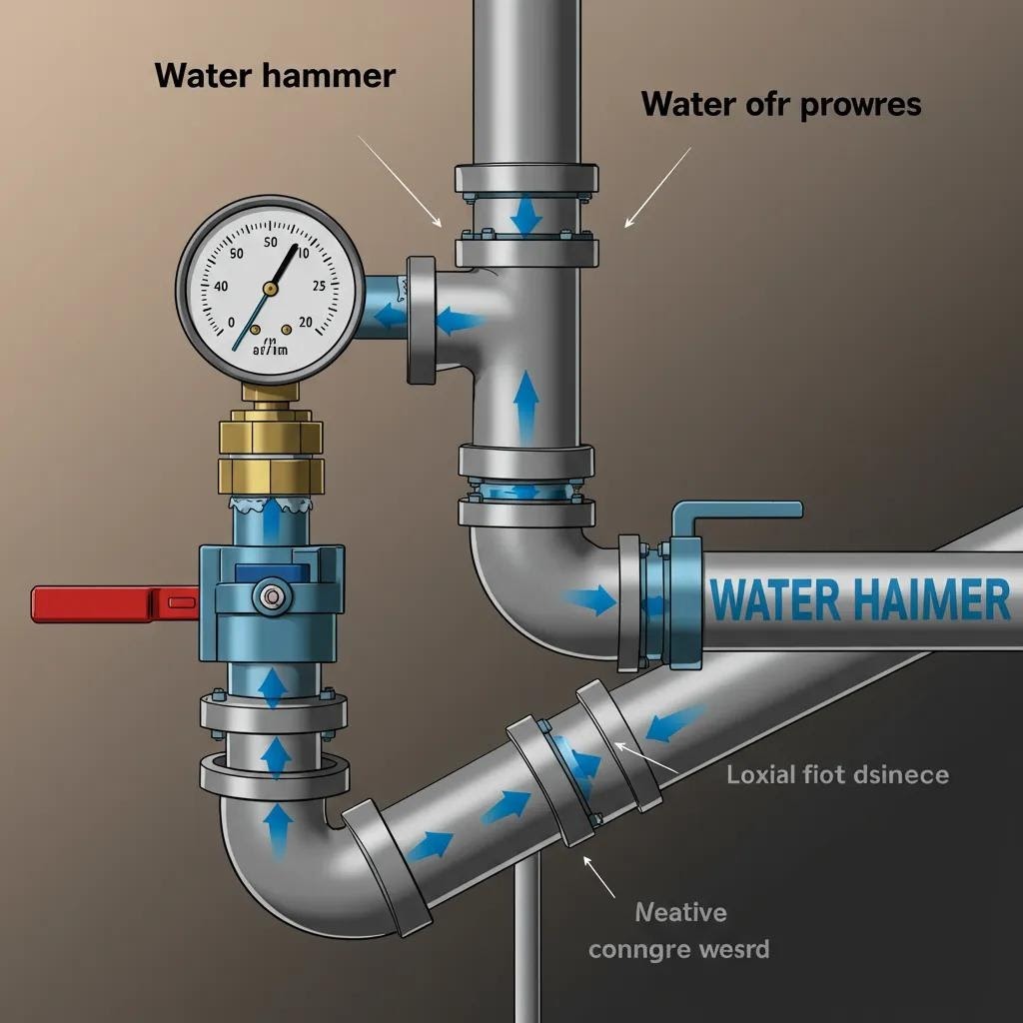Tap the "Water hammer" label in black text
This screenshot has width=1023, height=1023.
(x=275, y=76)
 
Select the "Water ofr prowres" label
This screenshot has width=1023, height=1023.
(x=780, y=103)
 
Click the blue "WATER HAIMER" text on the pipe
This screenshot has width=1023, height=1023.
(x=858, y=599)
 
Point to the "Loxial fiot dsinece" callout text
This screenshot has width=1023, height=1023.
(x=837, y=774)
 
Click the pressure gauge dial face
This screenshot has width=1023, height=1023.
(x=270, y=290)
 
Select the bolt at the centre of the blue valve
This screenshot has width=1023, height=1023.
(x=270, y=597)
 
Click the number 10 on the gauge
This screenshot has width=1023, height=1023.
(x=303, y=241)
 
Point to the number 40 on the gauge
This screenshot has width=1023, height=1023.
(x=221, y=286)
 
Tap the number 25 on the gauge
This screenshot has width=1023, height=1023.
(x=318, y=286)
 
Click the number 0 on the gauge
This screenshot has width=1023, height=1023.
(x=232, y=323)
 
